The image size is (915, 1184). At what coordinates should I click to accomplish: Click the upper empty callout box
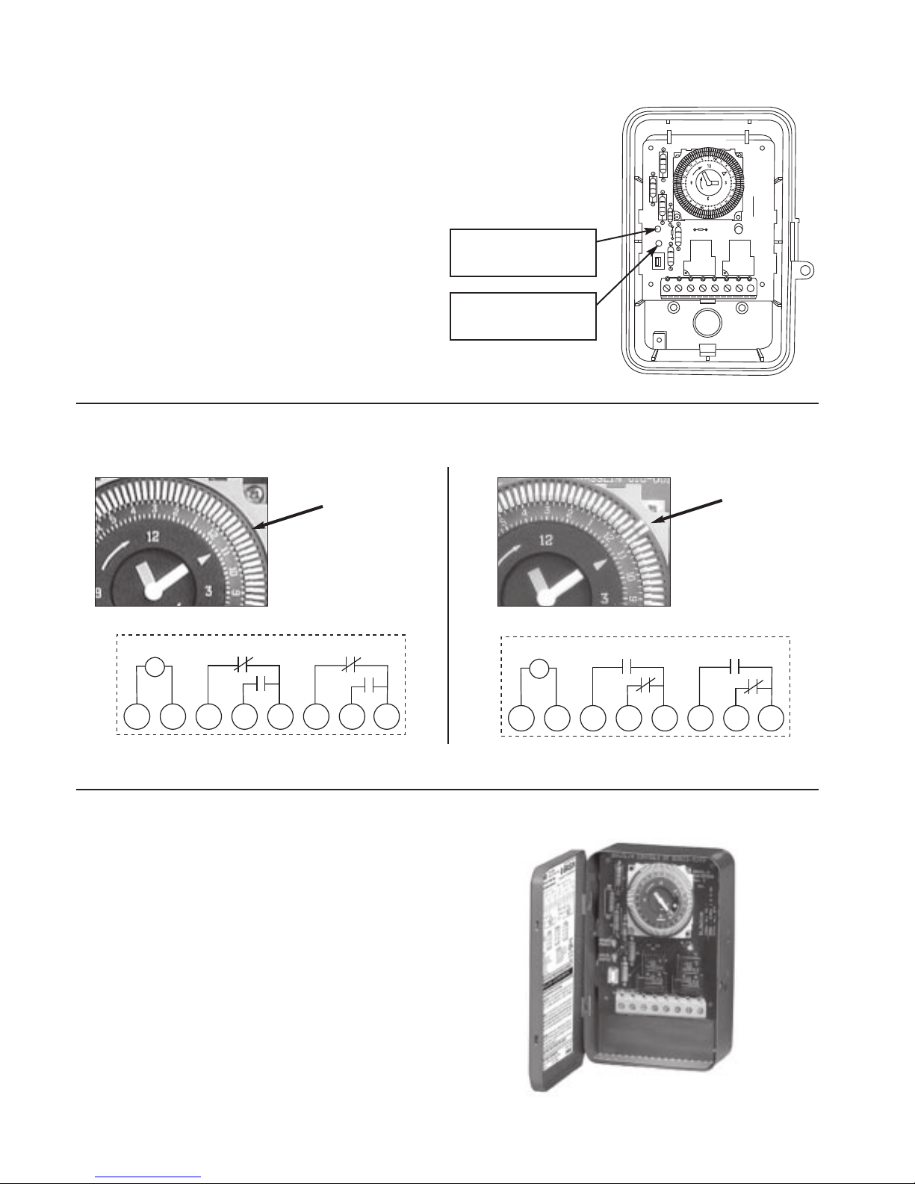point(523,253)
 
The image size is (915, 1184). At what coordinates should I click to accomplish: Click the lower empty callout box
point(523,316)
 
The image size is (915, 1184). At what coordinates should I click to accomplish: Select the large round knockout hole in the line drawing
point(706,321)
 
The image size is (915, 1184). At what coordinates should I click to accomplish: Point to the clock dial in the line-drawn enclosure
point(707,182)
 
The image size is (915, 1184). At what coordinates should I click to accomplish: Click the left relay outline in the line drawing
point(699,258)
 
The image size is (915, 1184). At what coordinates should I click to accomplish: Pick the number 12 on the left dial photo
point(153,535)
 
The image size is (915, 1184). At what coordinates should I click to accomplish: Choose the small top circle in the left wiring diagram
point(155,666)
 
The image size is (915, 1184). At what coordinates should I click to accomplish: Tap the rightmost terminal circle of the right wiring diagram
point(771,719)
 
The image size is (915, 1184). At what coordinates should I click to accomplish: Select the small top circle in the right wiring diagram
point(538,668)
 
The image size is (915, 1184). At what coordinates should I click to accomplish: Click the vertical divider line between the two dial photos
point(448,605)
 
